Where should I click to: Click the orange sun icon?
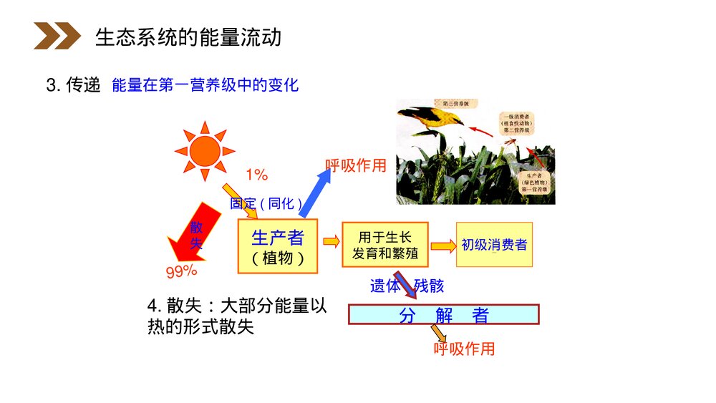point(205,151)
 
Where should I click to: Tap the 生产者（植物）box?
point(277,246)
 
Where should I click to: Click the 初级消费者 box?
point(494,245)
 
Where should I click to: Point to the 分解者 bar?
point(443,315)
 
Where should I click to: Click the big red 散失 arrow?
point(192,236)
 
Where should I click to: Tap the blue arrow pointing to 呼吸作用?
point(314,193)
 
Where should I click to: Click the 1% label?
point(256,175)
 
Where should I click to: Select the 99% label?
point(181,271)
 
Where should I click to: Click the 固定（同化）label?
point(266,203)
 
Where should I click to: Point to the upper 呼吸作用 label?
point(356,166)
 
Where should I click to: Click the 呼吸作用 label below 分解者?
point(464,349)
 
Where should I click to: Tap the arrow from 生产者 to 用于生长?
point(331,242)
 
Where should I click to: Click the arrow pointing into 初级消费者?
point(442,245)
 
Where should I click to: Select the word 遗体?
point(385,286)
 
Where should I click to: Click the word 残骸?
point(428,286)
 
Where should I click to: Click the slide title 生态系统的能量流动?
point(188,37)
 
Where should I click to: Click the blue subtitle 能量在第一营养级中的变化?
point(205,85)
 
